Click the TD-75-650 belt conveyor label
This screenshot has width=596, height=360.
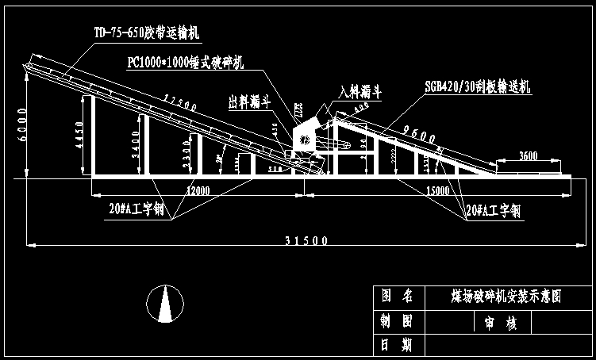148,33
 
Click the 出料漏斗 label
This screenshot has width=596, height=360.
250,101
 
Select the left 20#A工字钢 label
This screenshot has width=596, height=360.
136,210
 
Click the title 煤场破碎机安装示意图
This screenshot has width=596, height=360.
499,297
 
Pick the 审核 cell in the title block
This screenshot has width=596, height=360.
489,323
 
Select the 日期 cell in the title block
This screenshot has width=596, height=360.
396,345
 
